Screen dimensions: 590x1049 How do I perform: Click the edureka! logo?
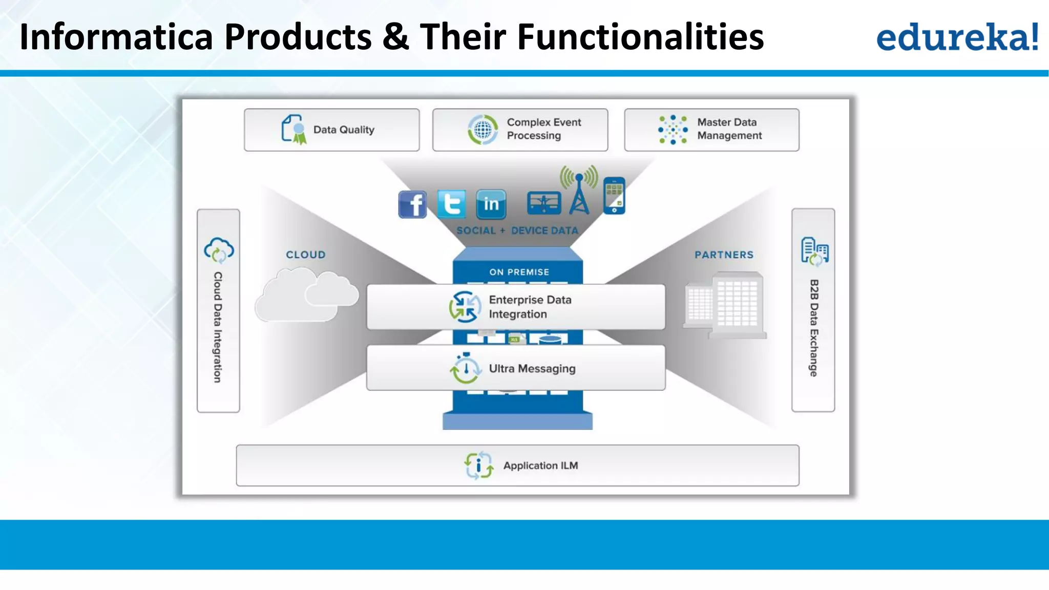[x=957, y=37]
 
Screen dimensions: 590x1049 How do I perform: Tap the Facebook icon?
[x=412, y=204]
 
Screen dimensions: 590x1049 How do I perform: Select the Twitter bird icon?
[x=452, y=204]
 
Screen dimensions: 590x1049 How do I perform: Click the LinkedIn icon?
[x=491, y=204]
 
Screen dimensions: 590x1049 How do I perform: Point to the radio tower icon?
[x=579, y=192]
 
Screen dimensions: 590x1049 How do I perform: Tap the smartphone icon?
[x=614, y=195]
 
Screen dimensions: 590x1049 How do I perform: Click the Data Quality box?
[x=331, y=130]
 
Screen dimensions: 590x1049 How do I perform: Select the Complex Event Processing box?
[x=520, y=130]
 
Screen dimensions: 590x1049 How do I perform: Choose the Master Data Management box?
[x=711, y=130]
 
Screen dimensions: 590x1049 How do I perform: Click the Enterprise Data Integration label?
[x=530, y=307]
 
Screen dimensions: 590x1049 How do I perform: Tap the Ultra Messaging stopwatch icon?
[x=465, y=368]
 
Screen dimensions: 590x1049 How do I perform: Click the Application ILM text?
[x=540, y=466]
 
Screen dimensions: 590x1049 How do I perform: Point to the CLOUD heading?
[x=306, y=255]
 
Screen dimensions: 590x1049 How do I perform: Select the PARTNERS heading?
[x=724, y=255]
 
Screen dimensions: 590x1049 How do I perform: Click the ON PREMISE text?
[x=519, y=272]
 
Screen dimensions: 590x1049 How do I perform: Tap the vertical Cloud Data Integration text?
[x=218, y=327]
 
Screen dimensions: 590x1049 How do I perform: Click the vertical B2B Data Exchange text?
[x=813, y=328]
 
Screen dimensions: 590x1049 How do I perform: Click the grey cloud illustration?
[x=306, y=297]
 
